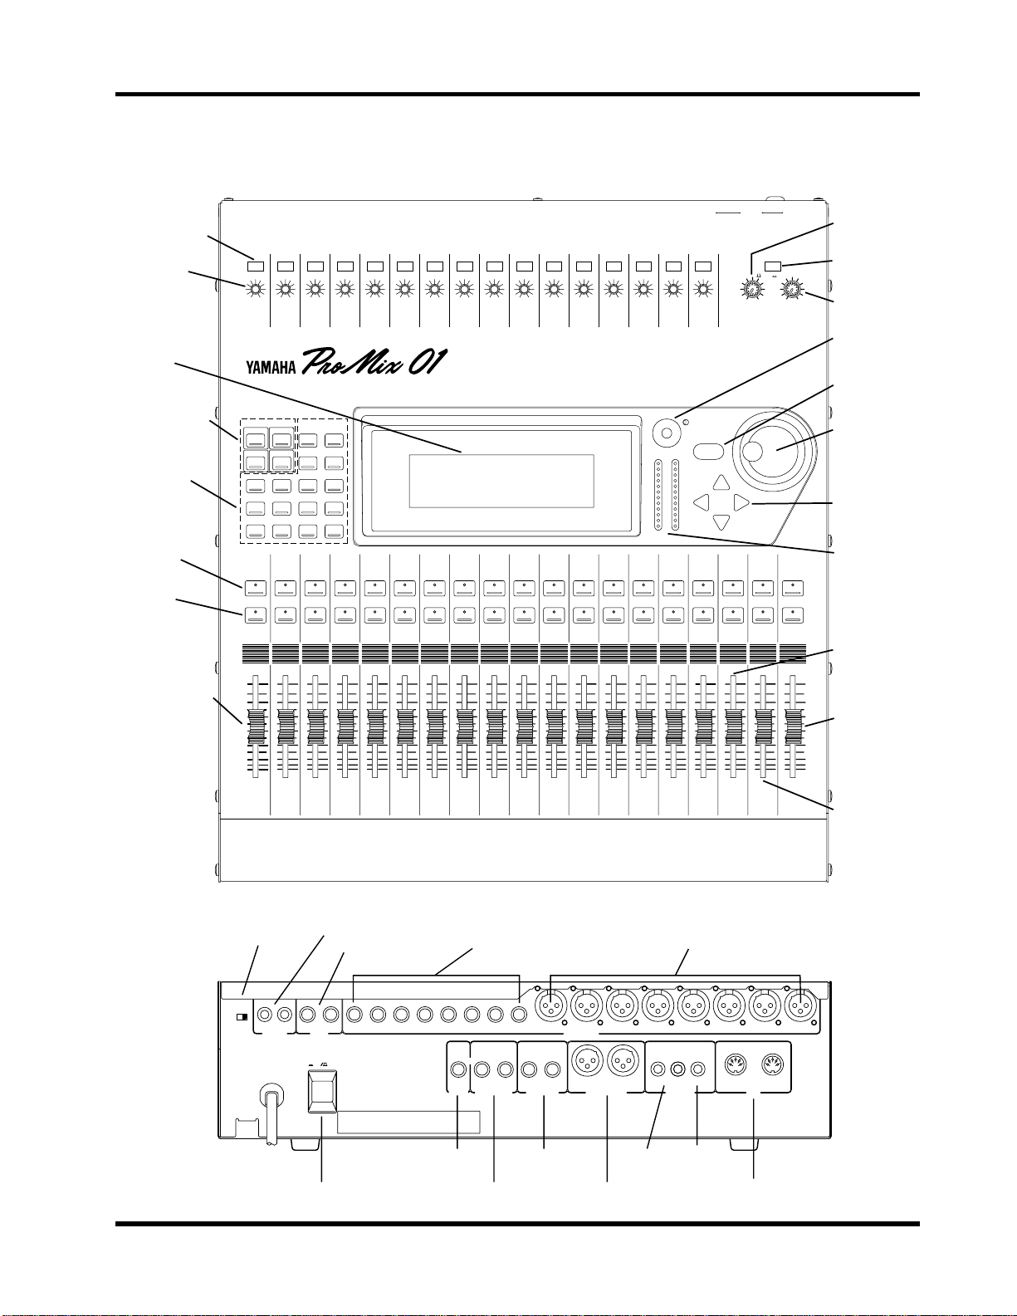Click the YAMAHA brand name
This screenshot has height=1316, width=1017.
coord(271,367)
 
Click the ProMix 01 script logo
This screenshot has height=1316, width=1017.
coord(373,361)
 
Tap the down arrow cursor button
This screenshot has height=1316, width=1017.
coord(721,522)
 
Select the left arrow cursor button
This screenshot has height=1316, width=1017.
coord(701,502)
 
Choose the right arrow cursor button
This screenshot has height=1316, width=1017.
coord(741,502)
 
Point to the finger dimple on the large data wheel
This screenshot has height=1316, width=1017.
coord(752,451)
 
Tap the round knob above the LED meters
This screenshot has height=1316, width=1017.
coord(667,433)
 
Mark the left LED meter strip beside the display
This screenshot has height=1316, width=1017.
coord(658,496)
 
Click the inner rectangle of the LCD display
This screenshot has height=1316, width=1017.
coord(501,481)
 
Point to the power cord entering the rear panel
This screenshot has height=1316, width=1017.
coord(269,1114)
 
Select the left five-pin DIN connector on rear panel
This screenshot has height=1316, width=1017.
coord(736,1064)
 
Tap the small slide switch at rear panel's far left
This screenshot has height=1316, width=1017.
coord(242,1017)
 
